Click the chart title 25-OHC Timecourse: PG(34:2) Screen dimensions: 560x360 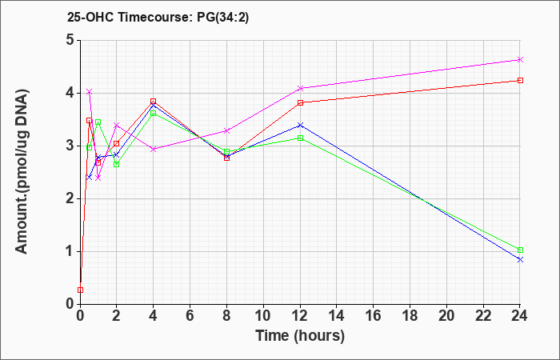point(158,17)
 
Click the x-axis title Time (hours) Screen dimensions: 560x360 point(300,336)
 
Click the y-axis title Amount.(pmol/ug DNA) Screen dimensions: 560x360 point(22,172)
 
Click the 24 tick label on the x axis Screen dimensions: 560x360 point(520,316)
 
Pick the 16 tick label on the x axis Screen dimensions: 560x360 point(374,316)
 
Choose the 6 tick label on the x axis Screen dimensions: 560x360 point(190,316)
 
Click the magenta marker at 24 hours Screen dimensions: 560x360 point(520,60)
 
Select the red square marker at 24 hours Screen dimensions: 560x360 point(520,80)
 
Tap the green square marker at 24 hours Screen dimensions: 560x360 point(520,250)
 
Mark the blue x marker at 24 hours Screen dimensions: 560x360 point(520,260)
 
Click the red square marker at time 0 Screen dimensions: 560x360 point(80,290)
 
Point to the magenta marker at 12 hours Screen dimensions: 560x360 point(300,88)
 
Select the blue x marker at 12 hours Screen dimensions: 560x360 point(300,125)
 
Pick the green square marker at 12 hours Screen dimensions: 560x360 point(300,138)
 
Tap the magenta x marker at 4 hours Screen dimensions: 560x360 point(154,149)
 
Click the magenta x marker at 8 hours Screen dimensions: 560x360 point(226,130)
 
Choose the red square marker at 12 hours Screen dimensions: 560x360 point(300,103)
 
